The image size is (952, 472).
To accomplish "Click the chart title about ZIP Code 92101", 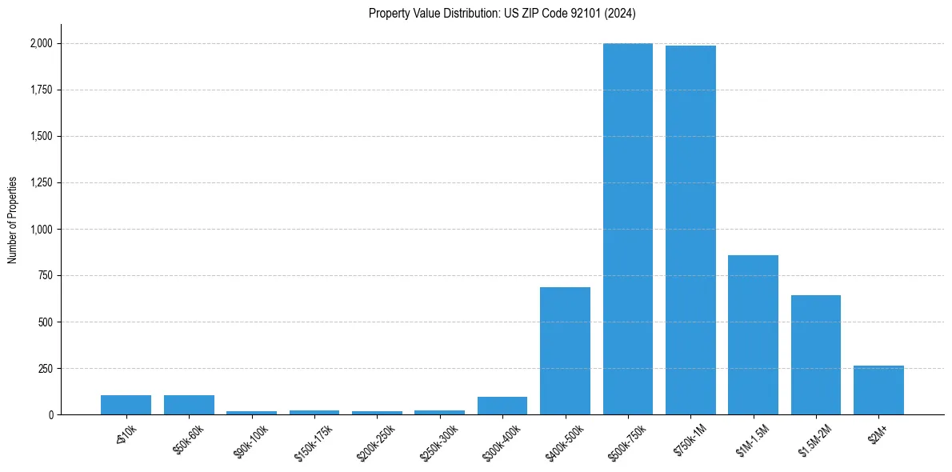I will (502, 14).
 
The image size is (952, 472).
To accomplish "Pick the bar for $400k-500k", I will (565, 351).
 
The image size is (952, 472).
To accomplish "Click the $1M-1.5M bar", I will (753, 335).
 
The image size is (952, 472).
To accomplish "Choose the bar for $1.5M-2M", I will (816, 355).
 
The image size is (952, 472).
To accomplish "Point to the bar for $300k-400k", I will (502, 406).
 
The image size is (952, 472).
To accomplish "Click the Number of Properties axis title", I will (12, 219).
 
